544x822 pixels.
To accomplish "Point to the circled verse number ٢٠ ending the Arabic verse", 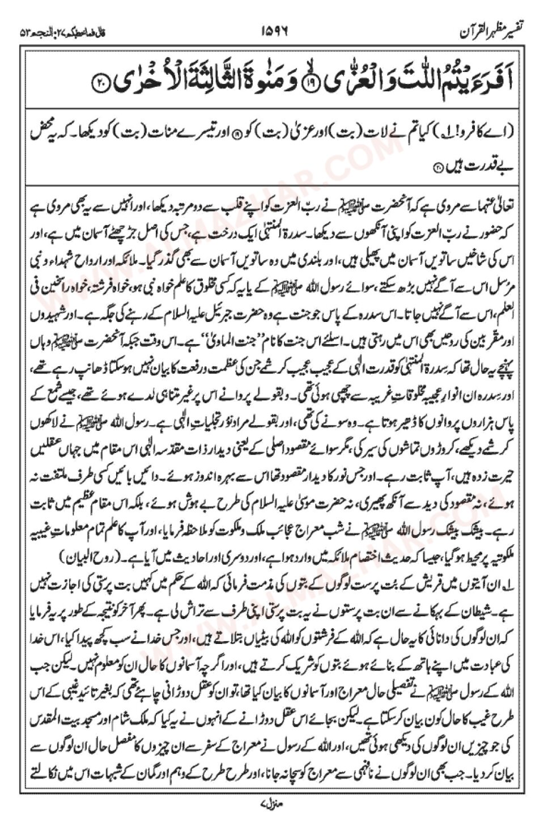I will [x=100, y=83].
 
